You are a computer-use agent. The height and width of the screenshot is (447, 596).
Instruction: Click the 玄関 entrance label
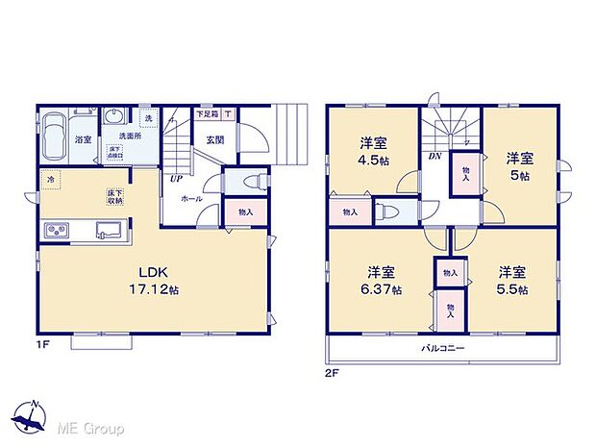[x=213, y=139]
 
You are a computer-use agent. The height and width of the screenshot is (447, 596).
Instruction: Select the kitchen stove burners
[x=56, y=230]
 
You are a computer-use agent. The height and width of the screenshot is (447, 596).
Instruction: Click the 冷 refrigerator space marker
[x=49, y=180]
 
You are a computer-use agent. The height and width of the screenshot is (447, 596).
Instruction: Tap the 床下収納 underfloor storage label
[x=113, y=197]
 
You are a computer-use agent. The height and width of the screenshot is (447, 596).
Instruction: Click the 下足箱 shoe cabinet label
[x=206, y=114]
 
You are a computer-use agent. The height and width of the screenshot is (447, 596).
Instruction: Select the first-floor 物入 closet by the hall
[x=245, y=212]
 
